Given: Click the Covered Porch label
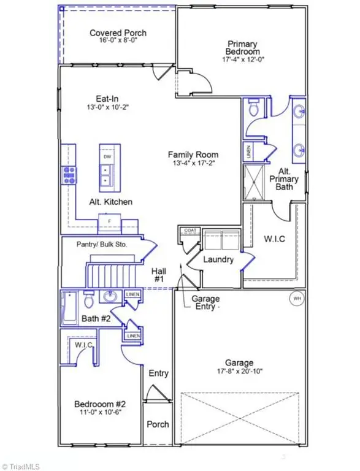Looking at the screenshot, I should point(118,33).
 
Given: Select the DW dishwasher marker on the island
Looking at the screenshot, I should point(107,157).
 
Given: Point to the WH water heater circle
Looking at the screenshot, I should point(297,299).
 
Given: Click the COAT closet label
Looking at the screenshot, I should point(188,231).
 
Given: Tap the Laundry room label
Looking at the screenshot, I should point(219,259).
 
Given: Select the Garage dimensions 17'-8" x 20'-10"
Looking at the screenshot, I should point(239,372).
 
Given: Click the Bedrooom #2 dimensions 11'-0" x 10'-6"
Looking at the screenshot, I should point(100,413).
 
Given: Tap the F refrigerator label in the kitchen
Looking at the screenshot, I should point(109,221).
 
